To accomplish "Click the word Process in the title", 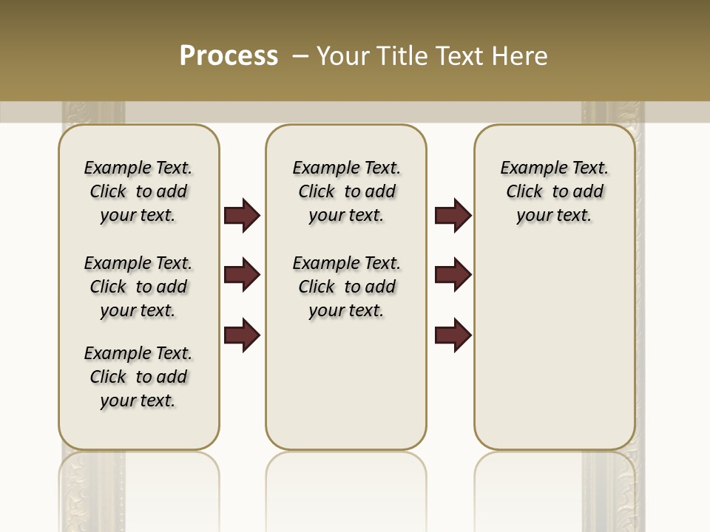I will click(229, 56).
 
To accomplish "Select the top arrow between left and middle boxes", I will click(242, 216).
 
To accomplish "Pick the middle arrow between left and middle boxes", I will click(242, 276).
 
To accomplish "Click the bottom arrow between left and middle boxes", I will click(242, 335).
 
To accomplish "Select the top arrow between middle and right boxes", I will click(453, 216).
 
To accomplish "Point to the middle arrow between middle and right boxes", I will click(453, 276).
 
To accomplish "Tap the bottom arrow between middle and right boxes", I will click(453, 335).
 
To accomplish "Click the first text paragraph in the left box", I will click(138, 191).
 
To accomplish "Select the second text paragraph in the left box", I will click(138, 287).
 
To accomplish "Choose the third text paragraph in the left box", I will click(138, 377).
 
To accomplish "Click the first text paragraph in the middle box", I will click(346, 191).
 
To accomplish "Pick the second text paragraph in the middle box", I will click(346, 287).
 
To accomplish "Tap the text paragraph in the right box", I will click(554, 191).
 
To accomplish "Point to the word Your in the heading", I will click(342, 56).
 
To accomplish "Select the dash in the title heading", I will click(300, 56).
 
